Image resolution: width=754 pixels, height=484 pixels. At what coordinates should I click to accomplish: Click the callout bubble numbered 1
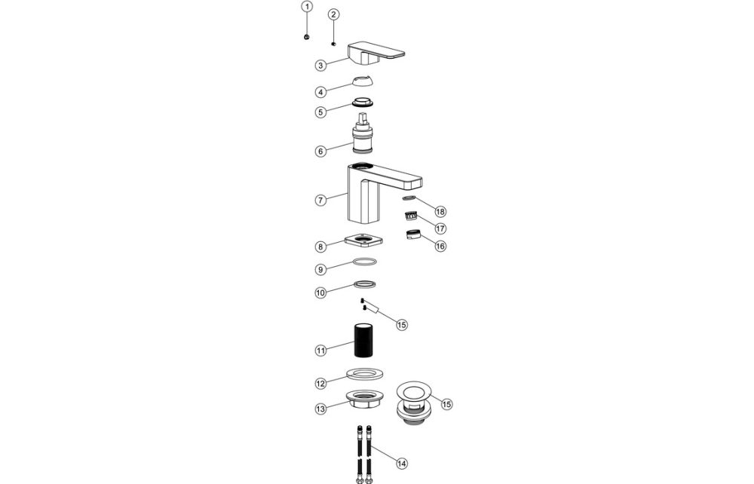(x=306, y=7)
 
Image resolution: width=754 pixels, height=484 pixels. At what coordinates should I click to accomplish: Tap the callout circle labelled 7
(x=320, y=201)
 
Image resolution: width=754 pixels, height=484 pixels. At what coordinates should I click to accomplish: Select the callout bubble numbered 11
(x=320, y=351)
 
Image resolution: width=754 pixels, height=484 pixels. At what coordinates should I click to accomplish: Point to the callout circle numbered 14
(x=400, y=463)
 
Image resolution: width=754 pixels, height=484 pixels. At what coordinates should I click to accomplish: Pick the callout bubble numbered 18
(x=440, y=212)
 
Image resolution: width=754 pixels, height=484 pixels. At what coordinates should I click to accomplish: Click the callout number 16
(x=440, y=246)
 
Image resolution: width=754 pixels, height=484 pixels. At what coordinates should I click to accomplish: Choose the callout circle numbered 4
(x=320, y=91)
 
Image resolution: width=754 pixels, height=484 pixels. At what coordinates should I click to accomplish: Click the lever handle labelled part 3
(x=375, y=54)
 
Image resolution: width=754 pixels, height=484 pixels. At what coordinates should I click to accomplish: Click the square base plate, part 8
(x=365, y=243)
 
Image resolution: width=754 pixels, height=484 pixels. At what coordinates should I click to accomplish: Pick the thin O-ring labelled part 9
(x=365, y=262)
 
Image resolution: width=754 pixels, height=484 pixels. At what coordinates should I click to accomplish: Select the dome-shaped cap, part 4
(x=365, y=83)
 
